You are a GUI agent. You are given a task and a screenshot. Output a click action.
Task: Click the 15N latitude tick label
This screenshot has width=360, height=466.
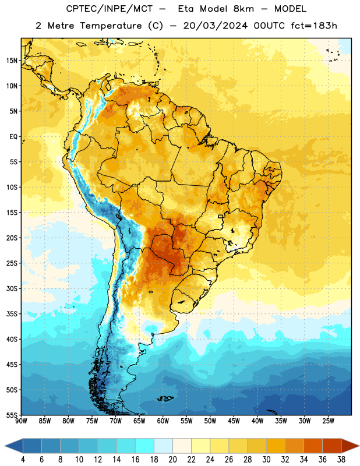click(12, 61)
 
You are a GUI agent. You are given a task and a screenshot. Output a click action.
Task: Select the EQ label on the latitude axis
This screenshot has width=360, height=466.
click(13, 137)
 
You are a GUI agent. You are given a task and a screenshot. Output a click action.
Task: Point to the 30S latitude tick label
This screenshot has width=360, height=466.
click(12, 288)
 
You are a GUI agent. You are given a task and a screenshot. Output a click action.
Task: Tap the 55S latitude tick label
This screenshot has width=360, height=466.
click(12, 415)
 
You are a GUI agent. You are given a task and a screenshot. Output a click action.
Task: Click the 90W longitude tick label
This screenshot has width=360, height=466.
click(21, 421)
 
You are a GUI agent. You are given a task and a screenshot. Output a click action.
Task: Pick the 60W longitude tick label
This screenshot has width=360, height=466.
click(163, 421)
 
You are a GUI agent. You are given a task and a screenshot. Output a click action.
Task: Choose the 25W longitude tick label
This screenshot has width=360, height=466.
click(328, 421)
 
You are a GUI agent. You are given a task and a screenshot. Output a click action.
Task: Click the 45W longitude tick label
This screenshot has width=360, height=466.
click(234, 421)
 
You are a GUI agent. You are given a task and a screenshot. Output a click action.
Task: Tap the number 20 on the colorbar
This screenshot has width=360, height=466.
click(172, 460)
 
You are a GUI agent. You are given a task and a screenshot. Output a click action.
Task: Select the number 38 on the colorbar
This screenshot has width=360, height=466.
click(341, 460)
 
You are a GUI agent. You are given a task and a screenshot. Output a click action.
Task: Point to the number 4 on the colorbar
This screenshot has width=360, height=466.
click(23, 460)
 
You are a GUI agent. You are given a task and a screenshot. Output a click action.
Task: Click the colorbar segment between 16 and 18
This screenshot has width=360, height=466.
click(144, 446)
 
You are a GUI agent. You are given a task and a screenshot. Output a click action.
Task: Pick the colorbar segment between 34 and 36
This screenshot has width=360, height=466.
click(313, 446)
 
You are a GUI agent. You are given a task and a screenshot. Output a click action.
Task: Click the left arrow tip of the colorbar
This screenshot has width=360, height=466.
click(5, 446)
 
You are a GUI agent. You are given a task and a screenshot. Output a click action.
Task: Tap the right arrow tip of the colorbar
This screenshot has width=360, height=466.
click(359, 446)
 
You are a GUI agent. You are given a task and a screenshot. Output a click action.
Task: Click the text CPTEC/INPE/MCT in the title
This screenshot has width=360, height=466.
click(109, 9)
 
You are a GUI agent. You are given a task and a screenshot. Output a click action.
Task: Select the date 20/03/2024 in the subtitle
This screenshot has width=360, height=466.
click(215, 26)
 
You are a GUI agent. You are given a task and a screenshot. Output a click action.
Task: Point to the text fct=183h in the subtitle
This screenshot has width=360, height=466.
click(314, 26)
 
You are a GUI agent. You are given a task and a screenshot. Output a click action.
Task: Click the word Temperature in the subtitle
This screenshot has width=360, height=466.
click(111, 26)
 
